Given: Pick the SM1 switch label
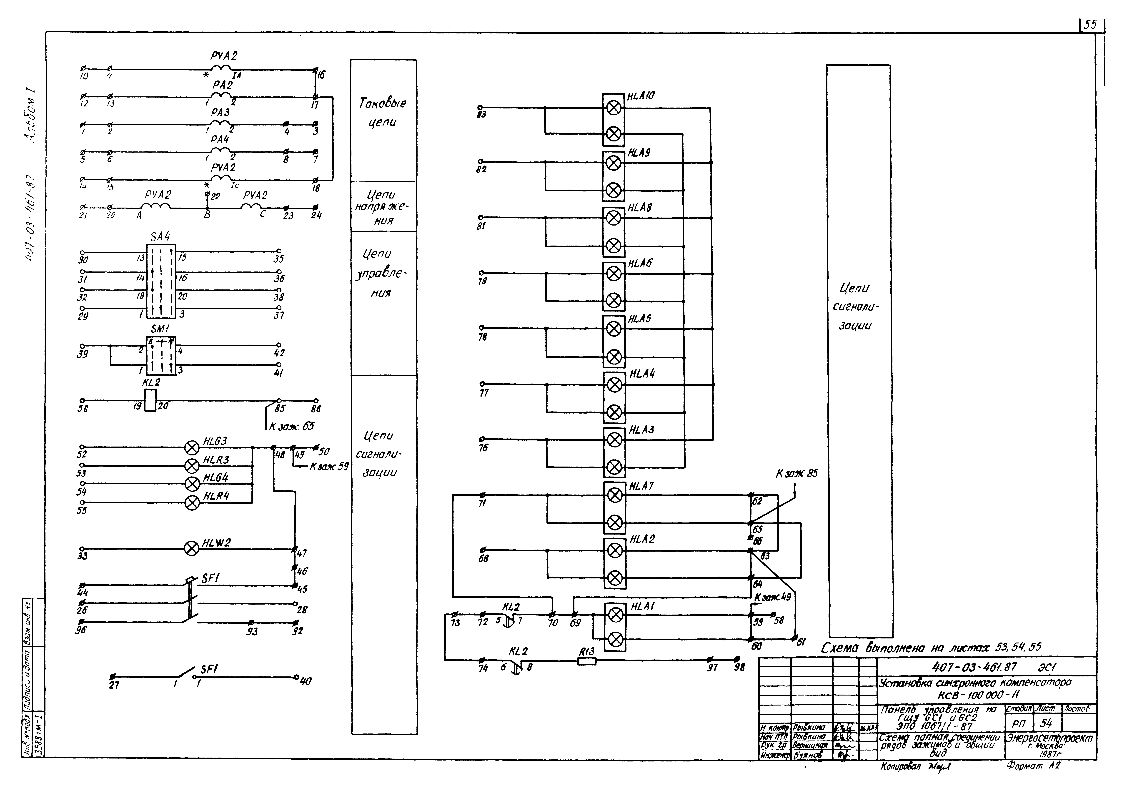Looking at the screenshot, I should [x=160, y=329].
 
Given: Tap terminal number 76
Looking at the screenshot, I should [x=483, y=448].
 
